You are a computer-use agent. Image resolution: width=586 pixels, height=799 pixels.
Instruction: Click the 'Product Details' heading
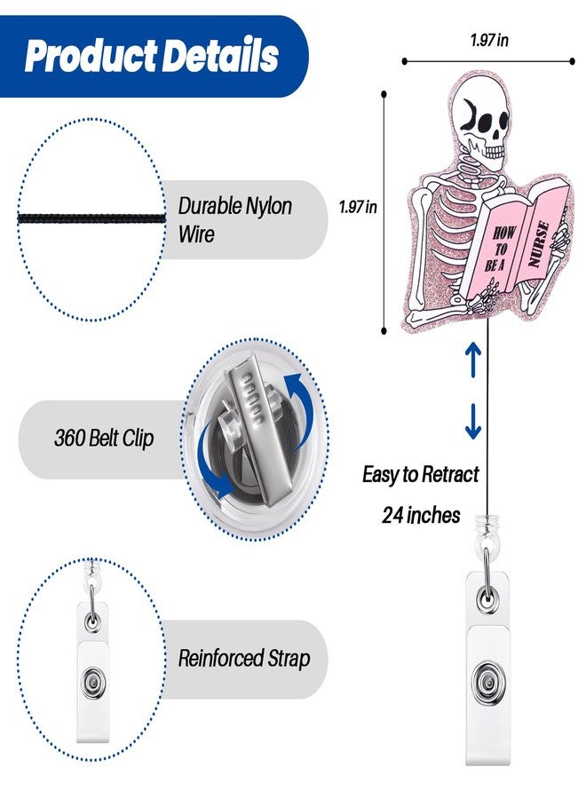click(x=151, y=56)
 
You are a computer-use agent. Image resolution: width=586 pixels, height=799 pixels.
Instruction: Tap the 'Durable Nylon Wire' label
click(x=235, y=220)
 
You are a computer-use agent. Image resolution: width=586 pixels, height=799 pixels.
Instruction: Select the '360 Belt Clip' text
click(x=104, y=439)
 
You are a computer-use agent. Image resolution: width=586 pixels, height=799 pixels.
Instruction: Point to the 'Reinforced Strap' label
click(x=244, y=659)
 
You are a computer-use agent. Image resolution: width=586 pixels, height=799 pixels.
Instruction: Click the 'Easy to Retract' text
click(x=420, y=474)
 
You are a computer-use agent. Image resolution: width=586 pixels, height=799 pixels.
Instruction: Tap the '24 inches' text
click(x=421, y=515)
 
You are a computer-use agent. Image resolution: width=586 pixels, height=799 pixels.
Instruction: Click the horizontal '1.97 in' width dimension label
click(x=489, y=40)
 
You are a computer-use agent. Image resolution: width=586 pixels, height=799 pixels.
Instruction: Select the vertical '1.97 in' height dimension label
click(x=358, y=207)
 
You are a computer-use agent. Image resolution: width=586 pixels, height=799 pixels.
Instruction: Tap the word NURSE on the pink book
click(x=539, y=245)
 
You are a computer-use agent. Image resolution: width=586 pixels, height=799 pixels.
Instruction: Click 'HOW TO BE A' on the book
click(x=501, y=249)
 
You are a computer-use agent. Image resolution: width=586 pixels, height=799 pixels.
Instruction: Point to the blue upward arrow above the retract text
click(x=473, y=360)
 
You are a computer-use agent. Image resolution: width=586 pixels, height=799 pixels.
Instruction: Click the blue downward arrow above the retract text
click(x=473, y=422)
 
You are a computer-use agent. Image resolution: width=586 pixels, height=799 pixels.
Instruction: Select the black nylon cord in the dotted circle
click(x=91, y=219)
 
